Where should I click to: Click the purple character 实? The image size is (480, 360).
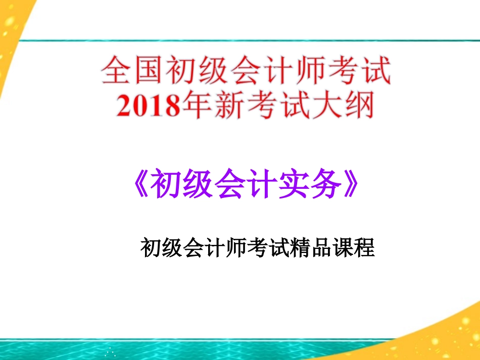coord(292,185)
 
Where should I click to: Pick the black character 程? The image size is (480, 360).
coord(364,248)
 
